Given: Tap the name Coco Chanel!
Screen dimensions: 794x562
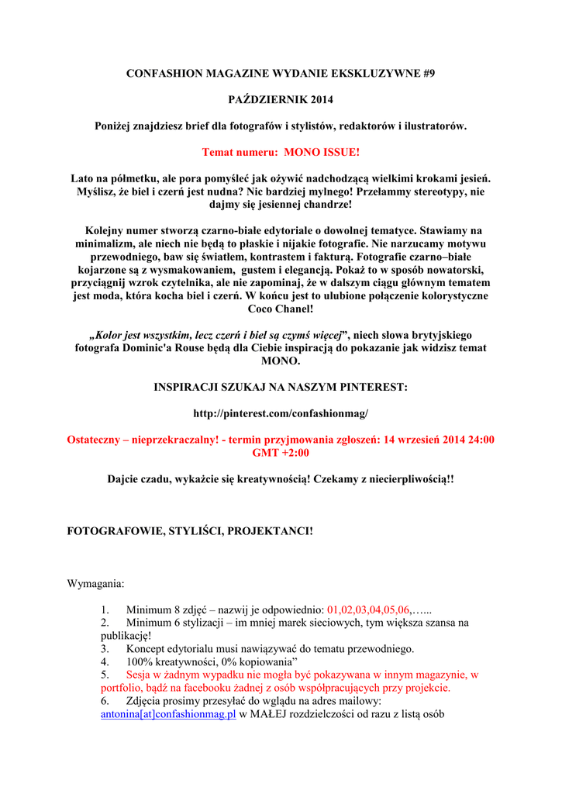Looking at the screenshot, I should (281, 309).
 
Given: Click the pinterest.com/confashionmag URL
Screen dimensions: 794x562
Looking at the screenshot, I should (281, 413).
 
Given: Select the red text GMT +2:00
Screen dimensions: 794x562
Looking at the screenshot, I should (281, 452).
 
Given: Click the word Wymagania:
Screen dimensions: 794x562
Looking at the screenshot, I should (96, 582).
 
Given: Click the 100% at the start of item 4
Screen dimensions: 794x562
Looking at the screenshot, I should (140, 661).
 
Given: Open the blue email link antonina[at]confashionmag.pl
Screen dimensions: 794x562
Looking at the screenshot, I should (168, 714).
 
